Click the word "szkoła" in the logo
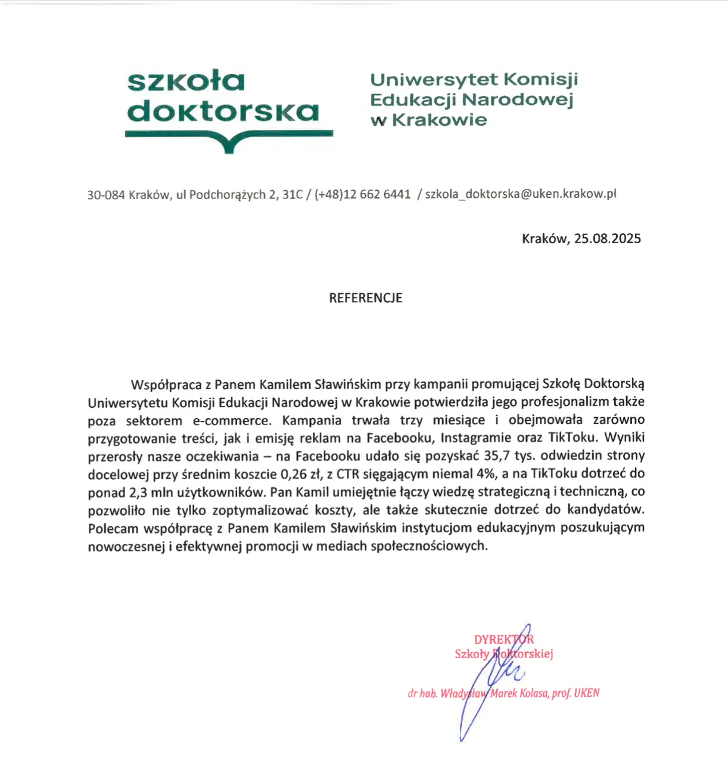(x=186, y=81)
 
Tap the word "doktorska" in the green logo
(x=223, y=111)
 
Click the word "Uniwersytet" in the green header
(x=433, y=79)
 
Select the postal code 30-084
(x=106, y=195)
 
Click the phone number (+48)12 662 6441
(x=363, y=194)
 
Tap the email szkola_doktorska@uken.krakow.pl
(x=521, y=194)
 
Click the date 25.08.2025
(x=607, y=239)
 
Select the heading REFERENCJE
(x=366, y=298)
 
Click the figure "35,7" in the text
(x=497, y=456)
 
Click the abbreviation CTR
(x=348, y=474)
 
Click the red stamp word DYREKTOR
(x=504, y=640)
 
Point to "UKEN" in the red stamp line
(x=587, y=693)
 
